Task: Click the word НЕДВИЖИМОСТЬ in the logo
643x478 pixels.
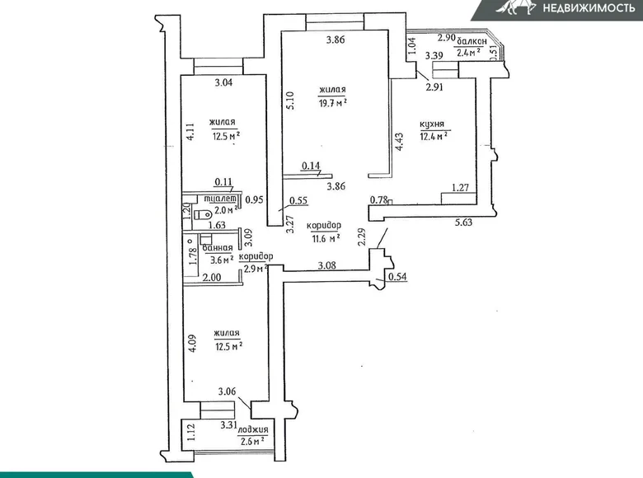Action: click(586, 9)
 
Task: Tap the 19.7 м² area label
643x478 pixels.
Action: click(333, 102)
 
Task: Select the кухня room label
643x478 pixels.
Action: click(433, 124)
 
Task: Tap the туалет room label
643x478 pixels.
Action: click(223, 199)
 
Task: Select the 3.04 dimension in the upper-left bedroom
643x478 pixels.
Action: click(223, 82)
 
